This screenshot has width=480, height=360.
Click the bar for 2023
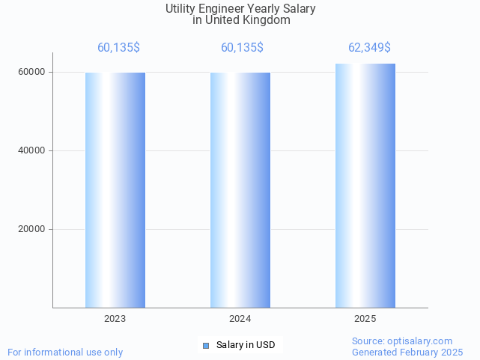[x=115, y=190]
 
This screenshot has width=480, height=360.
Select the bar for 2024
[x=240, y=190]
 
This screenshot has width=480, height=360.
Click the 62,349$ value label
[x=369, y=48]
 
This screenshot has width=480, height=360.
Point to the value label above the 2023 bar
[x=118, y=48]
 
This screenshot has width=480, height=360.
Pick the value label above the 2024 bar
[x=242, y=48]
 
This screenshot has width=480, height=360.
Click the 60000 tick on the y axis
[x=32, y=73]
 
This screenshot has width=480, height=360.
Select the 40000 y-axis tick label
[x=32, y=151]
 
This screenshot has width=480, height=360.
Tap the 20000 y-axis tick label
[x=32, y=230]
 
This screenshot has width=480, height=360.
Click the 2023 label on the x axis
[x=115, y=319]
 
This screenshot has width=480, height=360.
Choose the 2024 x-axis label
[x=240, y=319]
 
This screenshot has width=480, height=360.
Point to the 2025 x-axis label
[x=365, y=319]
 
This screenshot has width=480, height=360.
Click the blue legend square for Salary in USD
[x=206, y=345]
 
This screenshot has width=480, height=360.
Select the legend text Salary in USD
[x=246, y=345]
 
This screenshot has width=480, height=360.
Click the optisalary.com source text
[x=402, y=341]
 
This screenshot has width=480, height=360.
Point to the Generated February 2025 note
[x=407, y=353]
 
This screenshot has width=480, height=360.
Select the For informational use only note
[x=65, y=353]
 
